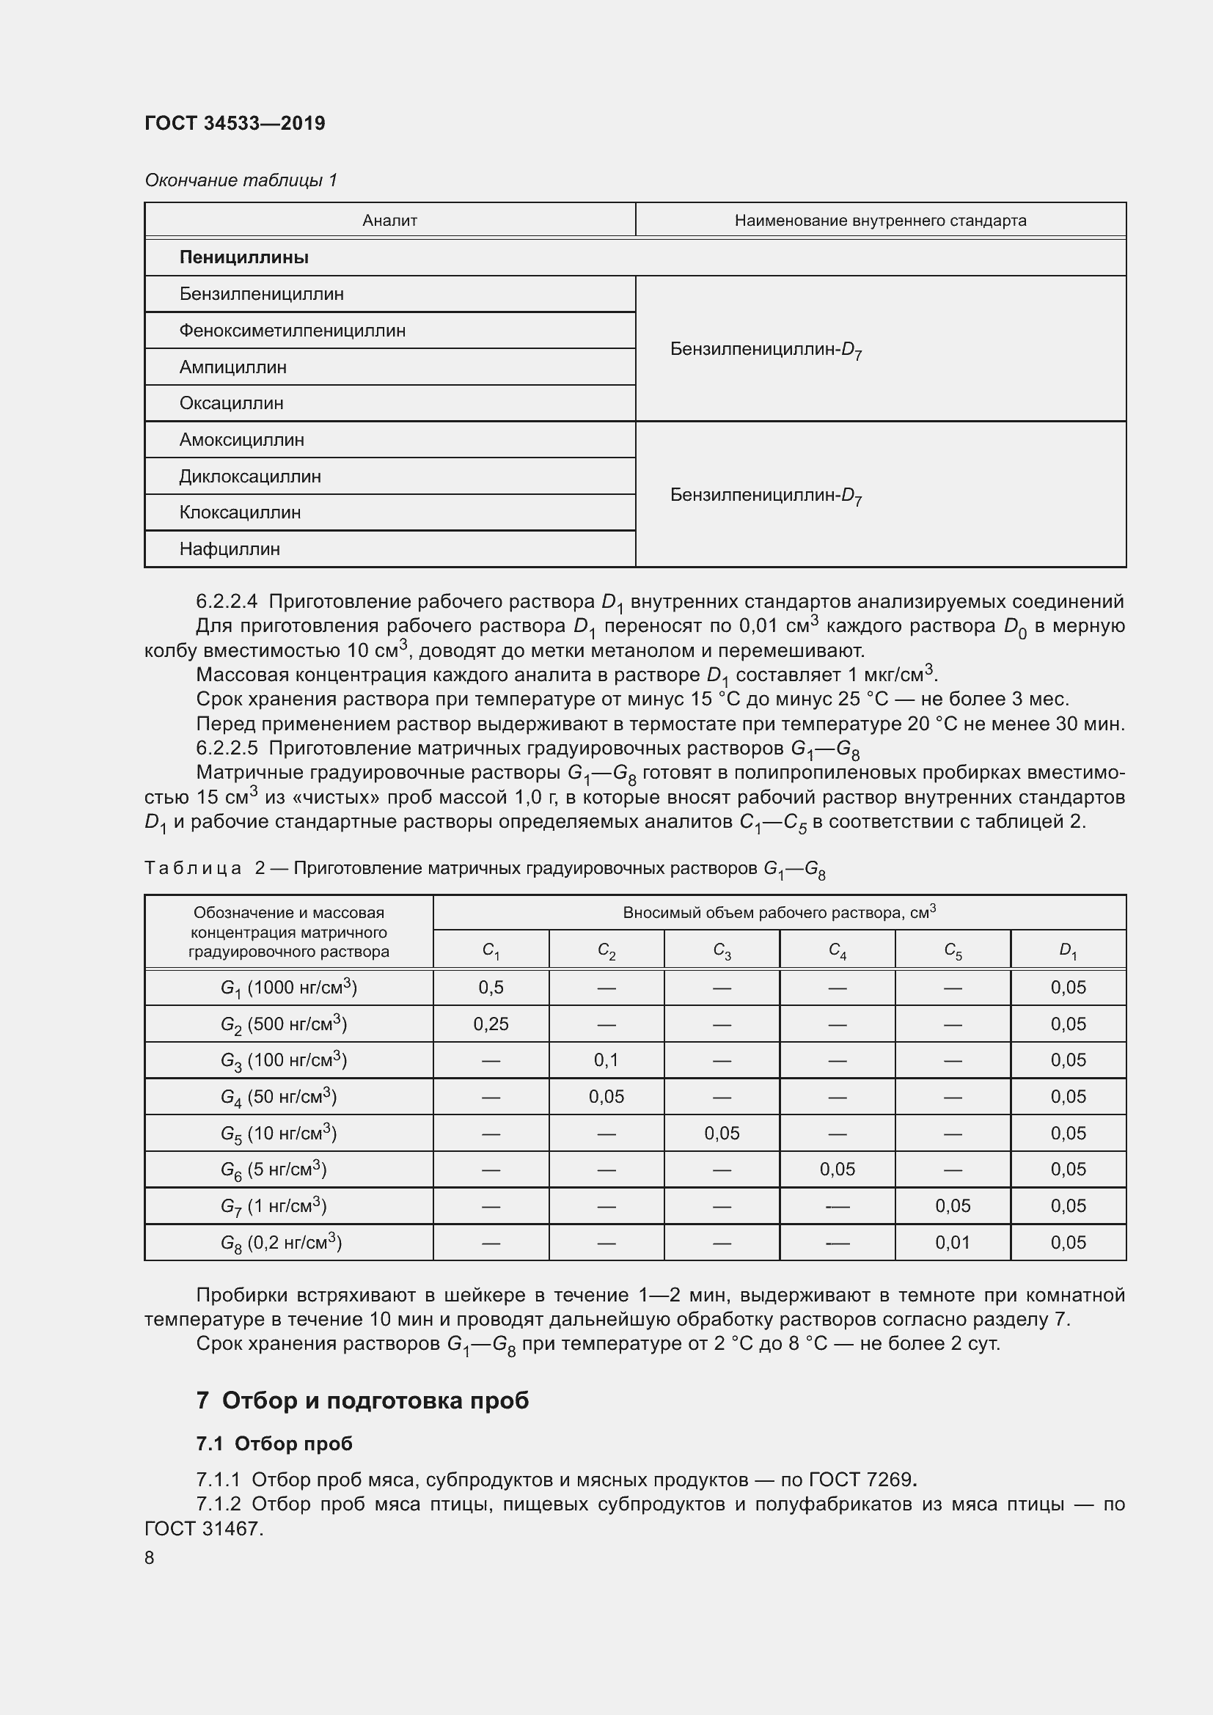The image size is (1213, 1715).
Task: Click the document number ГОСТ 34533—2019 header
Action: tap(235, 123)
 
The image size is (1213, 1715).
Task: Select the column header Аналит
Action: tap(389, 221)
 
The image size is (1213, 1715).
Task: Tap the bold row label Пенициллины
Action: tap(243, 257)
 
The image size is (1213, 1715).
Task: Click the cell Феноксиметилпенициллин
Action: tap(292, 330)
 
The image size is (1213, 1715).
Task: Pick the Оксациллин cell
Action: tap(231, 403)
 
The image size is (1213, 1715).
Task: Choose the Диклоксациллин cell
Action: tap(249, 477)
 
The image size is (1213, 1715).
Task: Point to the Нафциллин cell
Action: tap(230, 549)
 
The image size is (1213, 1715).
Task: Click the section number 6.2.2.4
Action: tap(227, 602)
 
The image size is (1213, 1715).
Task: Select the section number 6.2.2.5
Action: tap(227, 749)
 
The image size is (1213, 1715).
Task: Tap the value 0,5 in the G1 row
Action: tap(491, 988)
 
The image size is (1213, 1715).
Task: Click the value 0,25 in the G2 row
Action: tap(491, 1024)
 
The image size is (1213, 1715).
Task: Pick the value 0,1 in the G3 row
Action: tap(606, 1060)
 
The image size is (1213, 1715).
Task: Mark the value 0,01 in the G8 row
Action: tap(953, 1242)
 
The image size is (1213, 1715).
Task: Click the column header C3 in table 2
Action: tap(722, 951)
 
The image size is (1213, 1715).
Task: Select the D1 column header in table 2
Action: tap(1067, 951)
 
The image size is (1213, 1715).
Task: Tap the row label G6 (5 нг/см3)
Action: tap(274, 1169)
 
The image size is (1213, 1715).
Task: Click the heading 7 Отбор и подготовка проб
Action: tap(362, 1400)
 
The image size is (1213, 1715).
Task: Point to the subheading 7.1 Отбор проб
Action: tap(274, 1444)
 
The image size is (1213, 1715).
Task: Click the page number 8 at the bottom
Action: tap(150, 1557)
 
